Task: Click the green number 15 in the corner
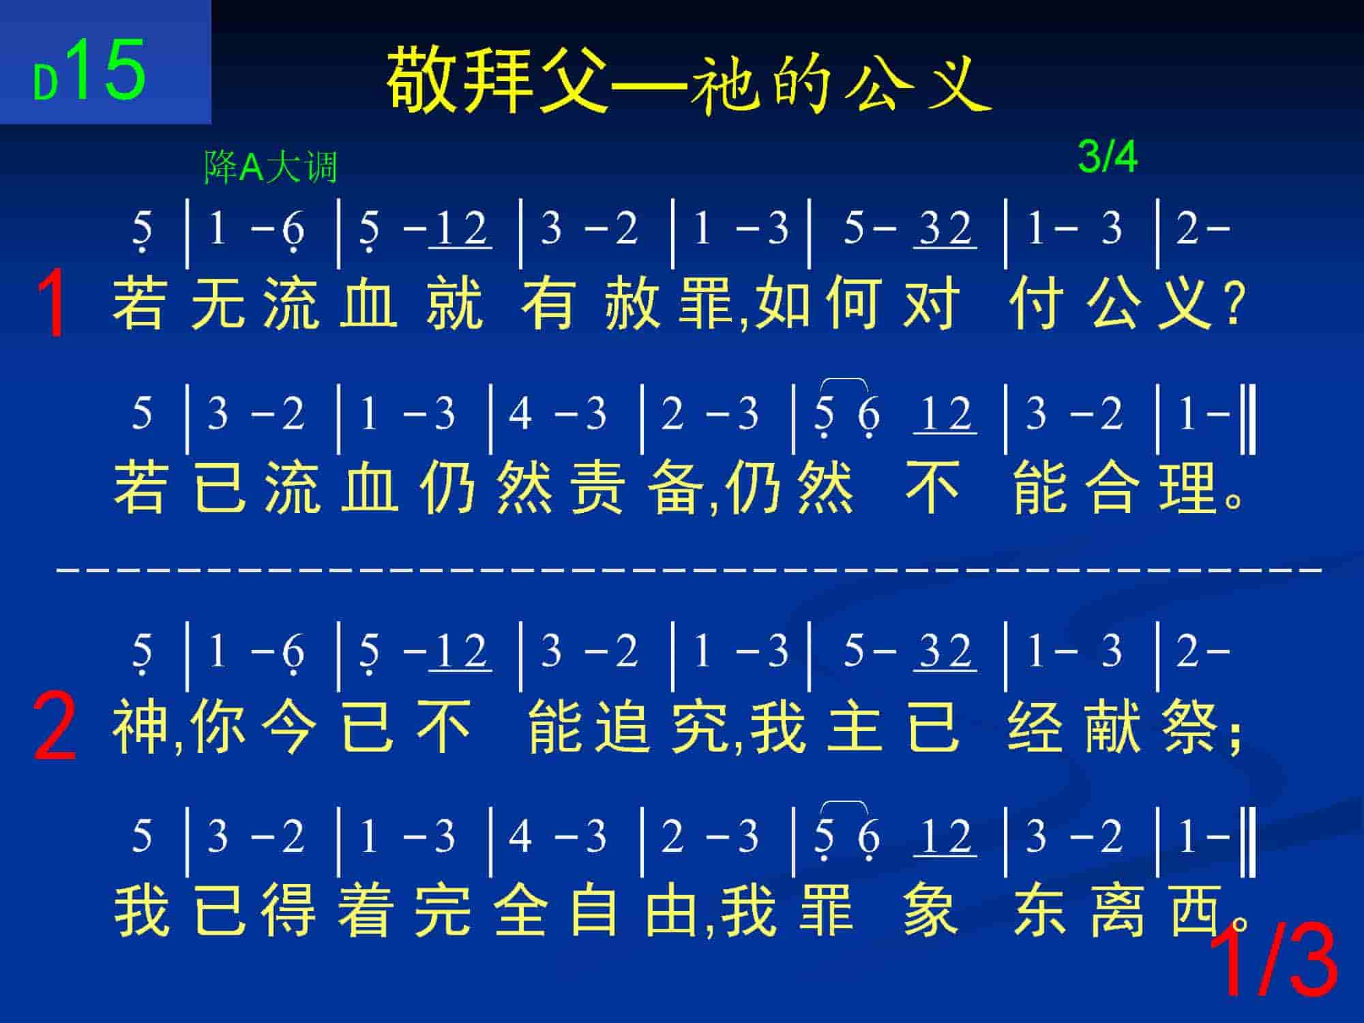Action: click(x=106, y=69)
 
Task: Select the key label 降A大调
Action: click(x=271, y=167)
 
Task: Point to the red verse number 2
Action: click(x=55, y=725)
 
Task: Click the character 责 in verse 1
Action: click(x=597, y=486)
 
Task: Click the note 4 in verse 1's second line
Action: click(x=520, y=413)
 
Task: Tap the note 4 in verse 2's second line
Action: click(x=520, y=835)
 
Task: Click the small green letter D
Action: click(x=45, y=84)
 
